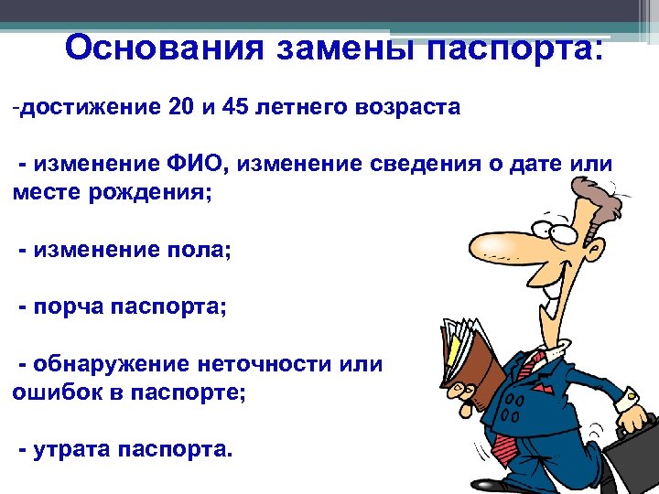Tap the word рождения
[150, 193]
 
